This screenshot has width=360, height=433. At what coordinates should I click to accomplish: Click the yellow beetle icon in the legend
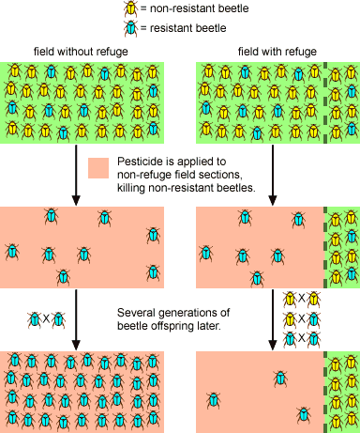click(x=130, y=8)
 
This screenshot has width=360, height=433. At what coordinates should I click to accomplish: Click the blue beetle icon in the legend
click(x=130, y=28)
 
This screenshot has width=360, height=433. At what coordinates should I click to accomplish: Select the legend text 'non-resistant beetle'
click(x=200, y=8)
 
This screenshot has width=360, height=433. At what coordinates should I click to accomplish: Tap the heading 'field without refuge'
click(x=81, y=52)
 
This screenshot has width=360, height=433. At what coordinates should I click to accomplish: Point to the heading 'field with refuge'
click(x=277, y=52)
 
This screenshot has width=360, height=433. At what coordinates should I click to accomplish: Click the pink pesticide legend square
click(x=98, y=168)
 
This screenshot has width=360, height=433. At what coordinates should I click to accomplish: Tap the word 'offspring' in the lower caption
click(x=172, y=326)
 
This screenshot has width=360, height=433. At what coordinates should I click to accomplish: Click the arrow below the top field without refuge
click(x=76, y=175)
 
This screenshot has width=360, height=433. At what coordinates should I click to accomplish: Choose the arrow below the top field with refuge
click(x=273, y=175)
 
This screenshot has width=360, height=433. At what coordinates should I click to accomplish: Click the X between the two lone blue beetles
click(x=46, y=319)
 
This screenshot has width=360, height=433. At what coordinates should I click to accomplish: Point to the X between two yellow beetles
click(x=302, y=299)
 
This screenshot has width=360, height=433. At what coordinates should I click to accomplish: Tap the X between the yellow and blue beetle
click(x=302, y=318)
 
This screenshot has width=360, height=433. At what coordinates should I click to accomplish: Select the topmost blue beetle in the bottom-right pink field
click(x=280, y=379)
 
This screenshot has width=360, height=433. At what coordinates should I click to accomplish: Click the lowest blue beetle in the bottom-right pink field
click(x=303, y=414)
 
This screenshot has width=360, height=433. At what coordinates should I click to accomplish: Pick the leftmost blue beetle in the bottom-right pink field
click(x=214, y=400)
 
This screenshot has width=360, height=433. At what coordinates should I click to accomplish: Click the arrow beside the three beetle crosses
click(x=273, y=319)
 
